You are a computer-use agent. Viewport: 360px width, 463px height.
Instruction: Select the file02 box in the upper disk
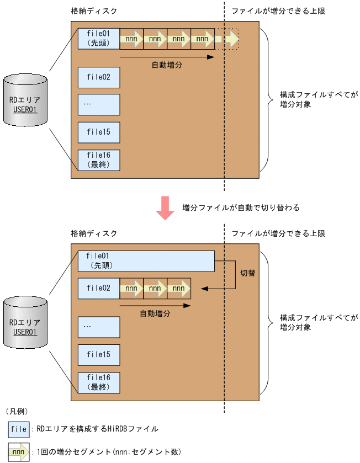(x=99, y=77)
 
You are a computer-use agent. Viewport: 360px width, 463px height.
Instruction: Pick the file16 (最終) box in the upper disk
(x=99, y=161)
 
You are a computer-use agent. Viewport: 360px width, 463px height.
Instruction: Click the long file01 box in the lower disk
(x=146, y=261)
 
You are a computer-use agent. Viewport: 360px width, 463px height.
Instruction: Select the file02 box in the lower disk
(x=99, y=288)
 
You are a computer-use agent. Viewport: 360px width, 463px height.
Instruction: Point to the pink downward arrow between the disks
(x=165, y=208)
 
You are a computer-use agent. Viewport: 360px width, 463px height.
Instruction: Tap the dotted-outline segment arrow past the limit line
(x=229, y=39)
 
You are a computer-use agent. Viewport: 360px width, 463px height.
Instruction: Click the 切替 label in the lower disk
(x=248, y=273)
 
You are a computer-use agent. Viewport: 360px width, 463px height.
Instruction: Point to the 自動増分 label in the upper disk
(x=167, y=65)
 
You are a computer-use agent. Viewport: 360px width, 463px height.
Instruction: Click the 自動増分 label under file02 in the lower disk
(x=155, y=313)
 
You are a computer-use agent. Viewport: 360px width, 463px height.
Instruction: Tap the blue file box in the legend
(x=19, y=429)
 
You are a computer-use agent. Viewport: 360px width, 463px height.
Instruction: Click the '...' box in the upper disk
(x=99, y=104)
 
